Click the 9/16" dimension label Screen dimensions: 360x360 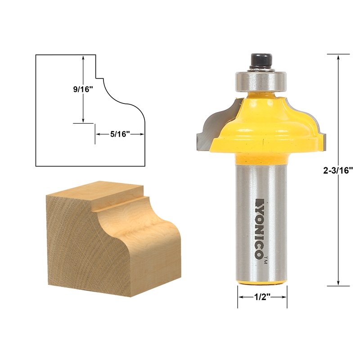pos(83,89)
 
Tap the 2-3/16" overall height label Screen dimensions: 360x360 pos(338,170)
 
